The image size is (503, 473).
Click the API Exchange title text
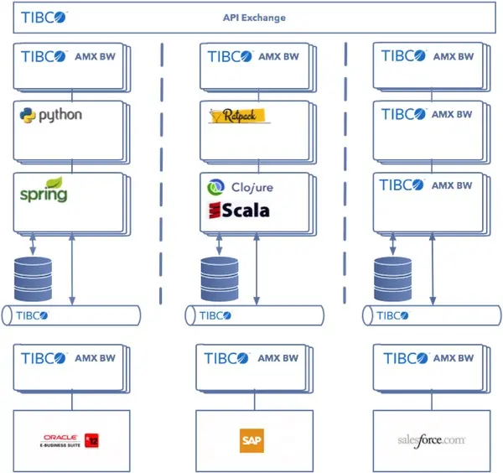[254, 18]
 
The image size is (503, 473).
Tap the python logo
[51, 115]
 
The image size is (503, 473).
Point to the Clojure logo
[240, 188]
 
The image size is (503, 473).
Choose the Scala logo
[239, 210]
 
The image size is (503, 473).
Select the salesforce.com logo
[432, 439]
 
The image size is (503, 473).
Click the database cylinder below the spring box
[34, 277]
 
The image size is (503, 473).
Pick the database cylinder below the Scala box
[220, 277]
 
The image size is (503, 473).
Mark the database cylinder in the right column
[392, 277]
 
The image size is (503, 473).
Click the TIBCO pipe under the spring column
[72, 316]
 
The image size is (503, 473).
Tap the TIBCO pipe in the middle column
[255, 316]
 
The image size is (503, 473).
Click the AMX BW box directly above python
[69, 65]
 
